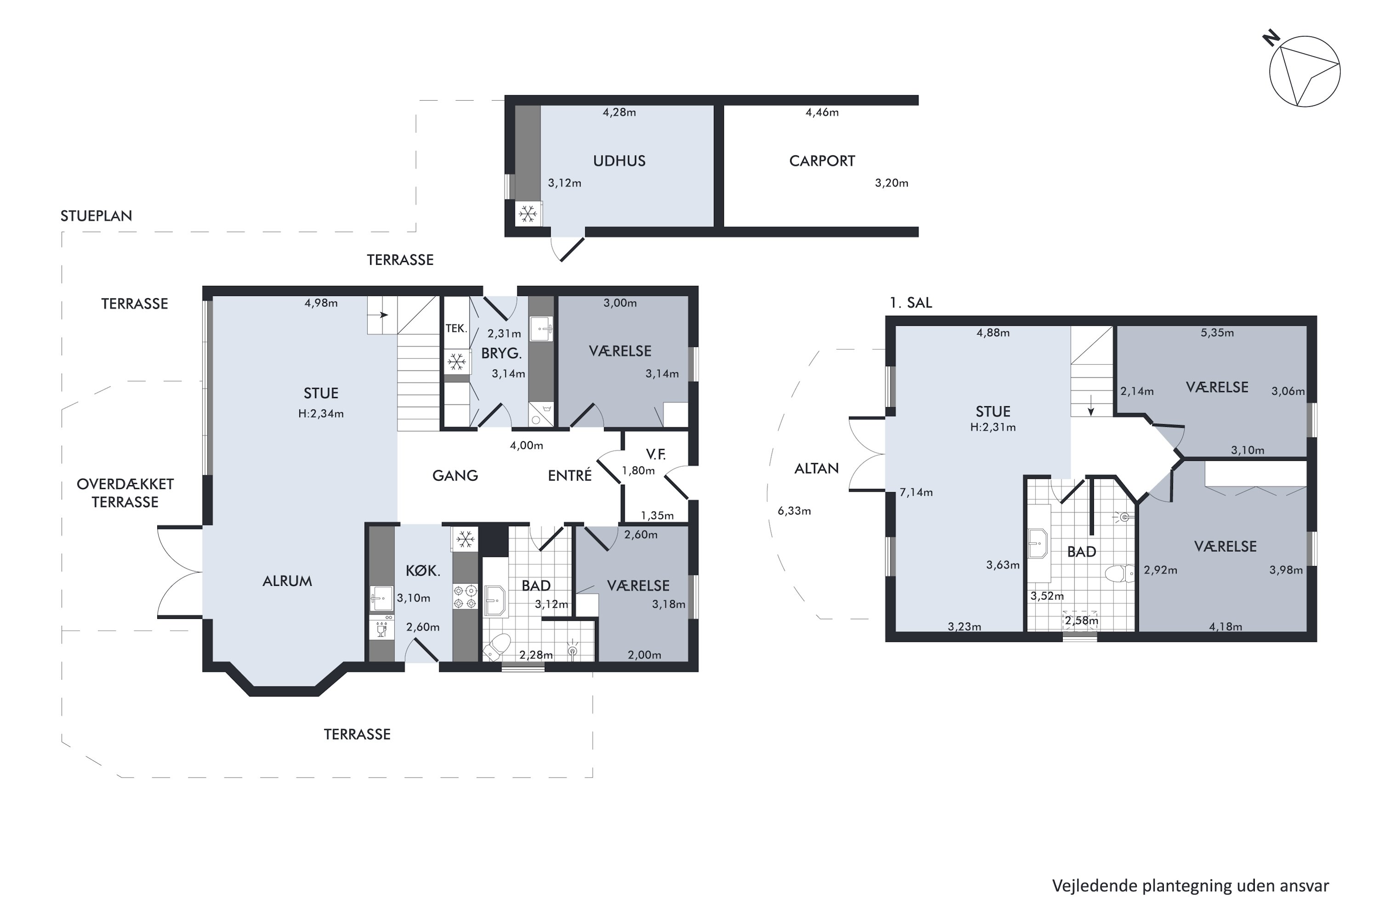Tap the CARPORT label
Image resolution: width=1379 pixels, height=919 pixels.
[822, 161]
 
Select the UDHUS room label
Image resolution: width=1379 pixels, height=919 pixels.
[619, 161]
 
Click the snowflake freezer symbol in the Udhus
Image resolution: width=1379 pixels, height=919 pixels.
[528, 214]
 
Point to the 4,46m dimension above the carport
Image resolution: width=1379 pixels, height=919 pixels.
[822, 113]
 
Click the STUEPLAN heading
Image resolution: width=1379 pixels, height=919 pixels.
[96, 216]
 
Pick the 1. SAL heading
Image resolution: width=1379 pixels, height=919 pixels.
[911, 302]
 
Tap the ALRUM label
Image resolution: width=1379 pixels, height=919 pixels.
[287, 581]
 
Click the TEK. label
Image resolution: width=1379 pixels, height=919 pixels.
[456, 328]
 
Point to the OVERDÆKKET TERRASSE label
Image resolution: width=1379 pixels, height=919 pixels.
[125, 493]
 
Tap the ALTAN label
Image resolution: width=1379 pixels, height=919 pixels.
[816, 468]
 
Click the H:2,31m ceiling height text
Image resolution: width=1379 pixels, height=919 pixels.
[992, 427]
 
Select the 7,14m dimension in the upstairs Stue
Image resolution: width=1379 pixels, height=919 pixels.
[916, 492]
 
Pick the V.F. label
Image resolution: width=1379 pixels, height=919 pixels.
[655, 454]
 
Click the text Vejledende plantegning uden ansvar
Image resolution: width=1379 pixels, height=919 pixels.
[1190, 885]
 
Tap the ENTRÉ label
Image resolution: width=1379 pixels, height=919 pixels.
[570, 475]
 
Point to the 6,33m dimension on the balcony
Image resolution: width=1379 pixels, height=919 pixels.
[794, 511]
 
